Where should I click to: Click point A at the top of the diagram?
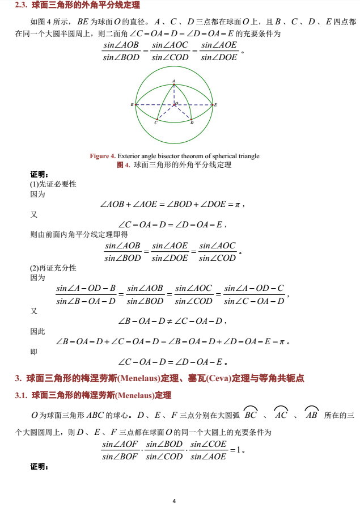(x=173, y=84)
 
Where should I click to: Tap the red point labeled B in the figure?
(x=135, y=105)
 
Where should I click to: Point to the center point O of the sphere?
(x=173, y=105)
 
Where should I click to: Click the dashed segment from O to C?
(x=165, y=112)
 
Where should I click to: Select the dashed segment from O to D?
(x=182, y=112)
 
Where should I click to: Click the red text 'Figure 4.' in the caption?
(x=103, y=156)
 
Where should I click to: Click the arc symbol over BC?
(x=250, y=409)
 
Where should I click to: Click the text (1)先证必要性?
(x=53, y=184)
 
